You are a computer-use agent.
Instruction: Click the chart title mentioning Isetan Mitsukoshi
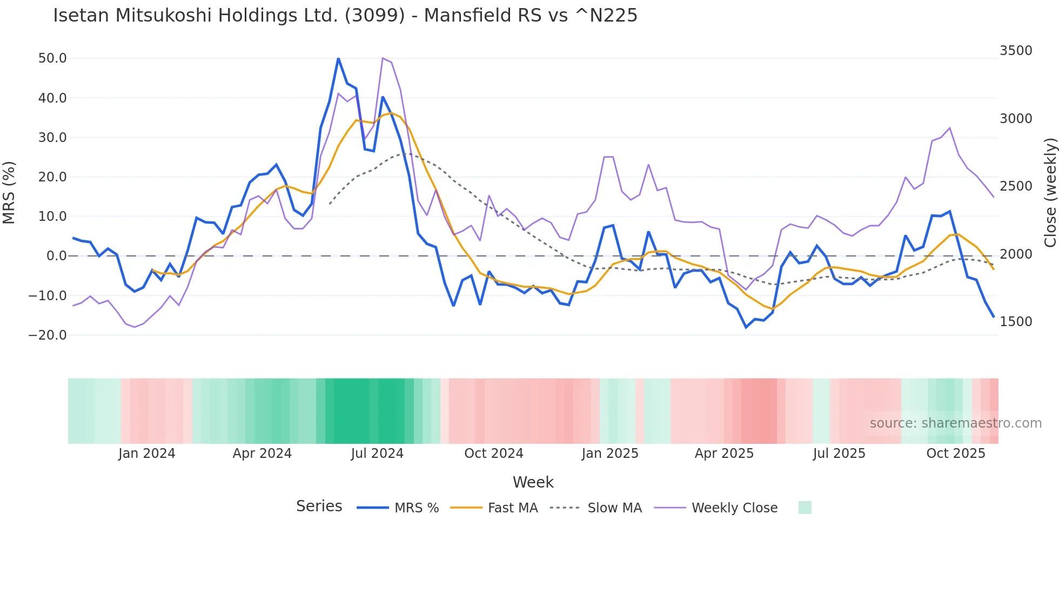[x=345, y=16]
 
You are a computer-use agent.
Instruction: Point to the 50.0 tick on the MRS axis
[x=52, y=58]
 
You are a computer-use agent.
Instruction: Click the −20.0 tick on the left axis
[x=48, y=335]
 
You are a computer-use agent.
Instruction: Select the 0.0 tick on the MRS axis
[x=56, y=256]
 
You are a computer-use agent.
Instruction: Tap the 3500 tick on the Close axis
[x=1015, y=51]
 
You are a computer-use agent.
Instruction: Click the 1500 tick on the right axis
[x=1015, y=322]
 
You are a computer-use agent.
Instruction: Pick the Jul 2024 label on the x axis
[x=377, y=454]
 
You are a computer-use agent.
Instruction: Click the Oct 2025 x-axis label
[x=955, y=454]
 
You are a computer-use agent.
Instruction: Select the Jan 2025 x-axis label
[x=609, y=454]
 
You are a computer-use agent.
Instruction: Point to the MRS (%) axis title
[x=9, y=193]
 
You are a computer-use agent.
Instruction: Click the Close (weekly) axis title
[x=1050, y=193]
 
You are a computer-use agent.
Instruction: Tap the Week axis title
[x=533, y=482]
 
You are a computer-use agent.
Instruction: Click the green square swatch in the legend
[x=805, y=508]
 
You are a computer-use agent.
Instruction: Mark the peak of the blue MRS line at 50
[x=338, y=58]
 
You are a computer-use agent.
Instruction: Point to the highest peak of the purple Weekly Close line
[x=383, y=58]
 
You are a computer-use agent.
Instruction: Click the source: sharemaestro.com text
[x=955, y=423]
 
